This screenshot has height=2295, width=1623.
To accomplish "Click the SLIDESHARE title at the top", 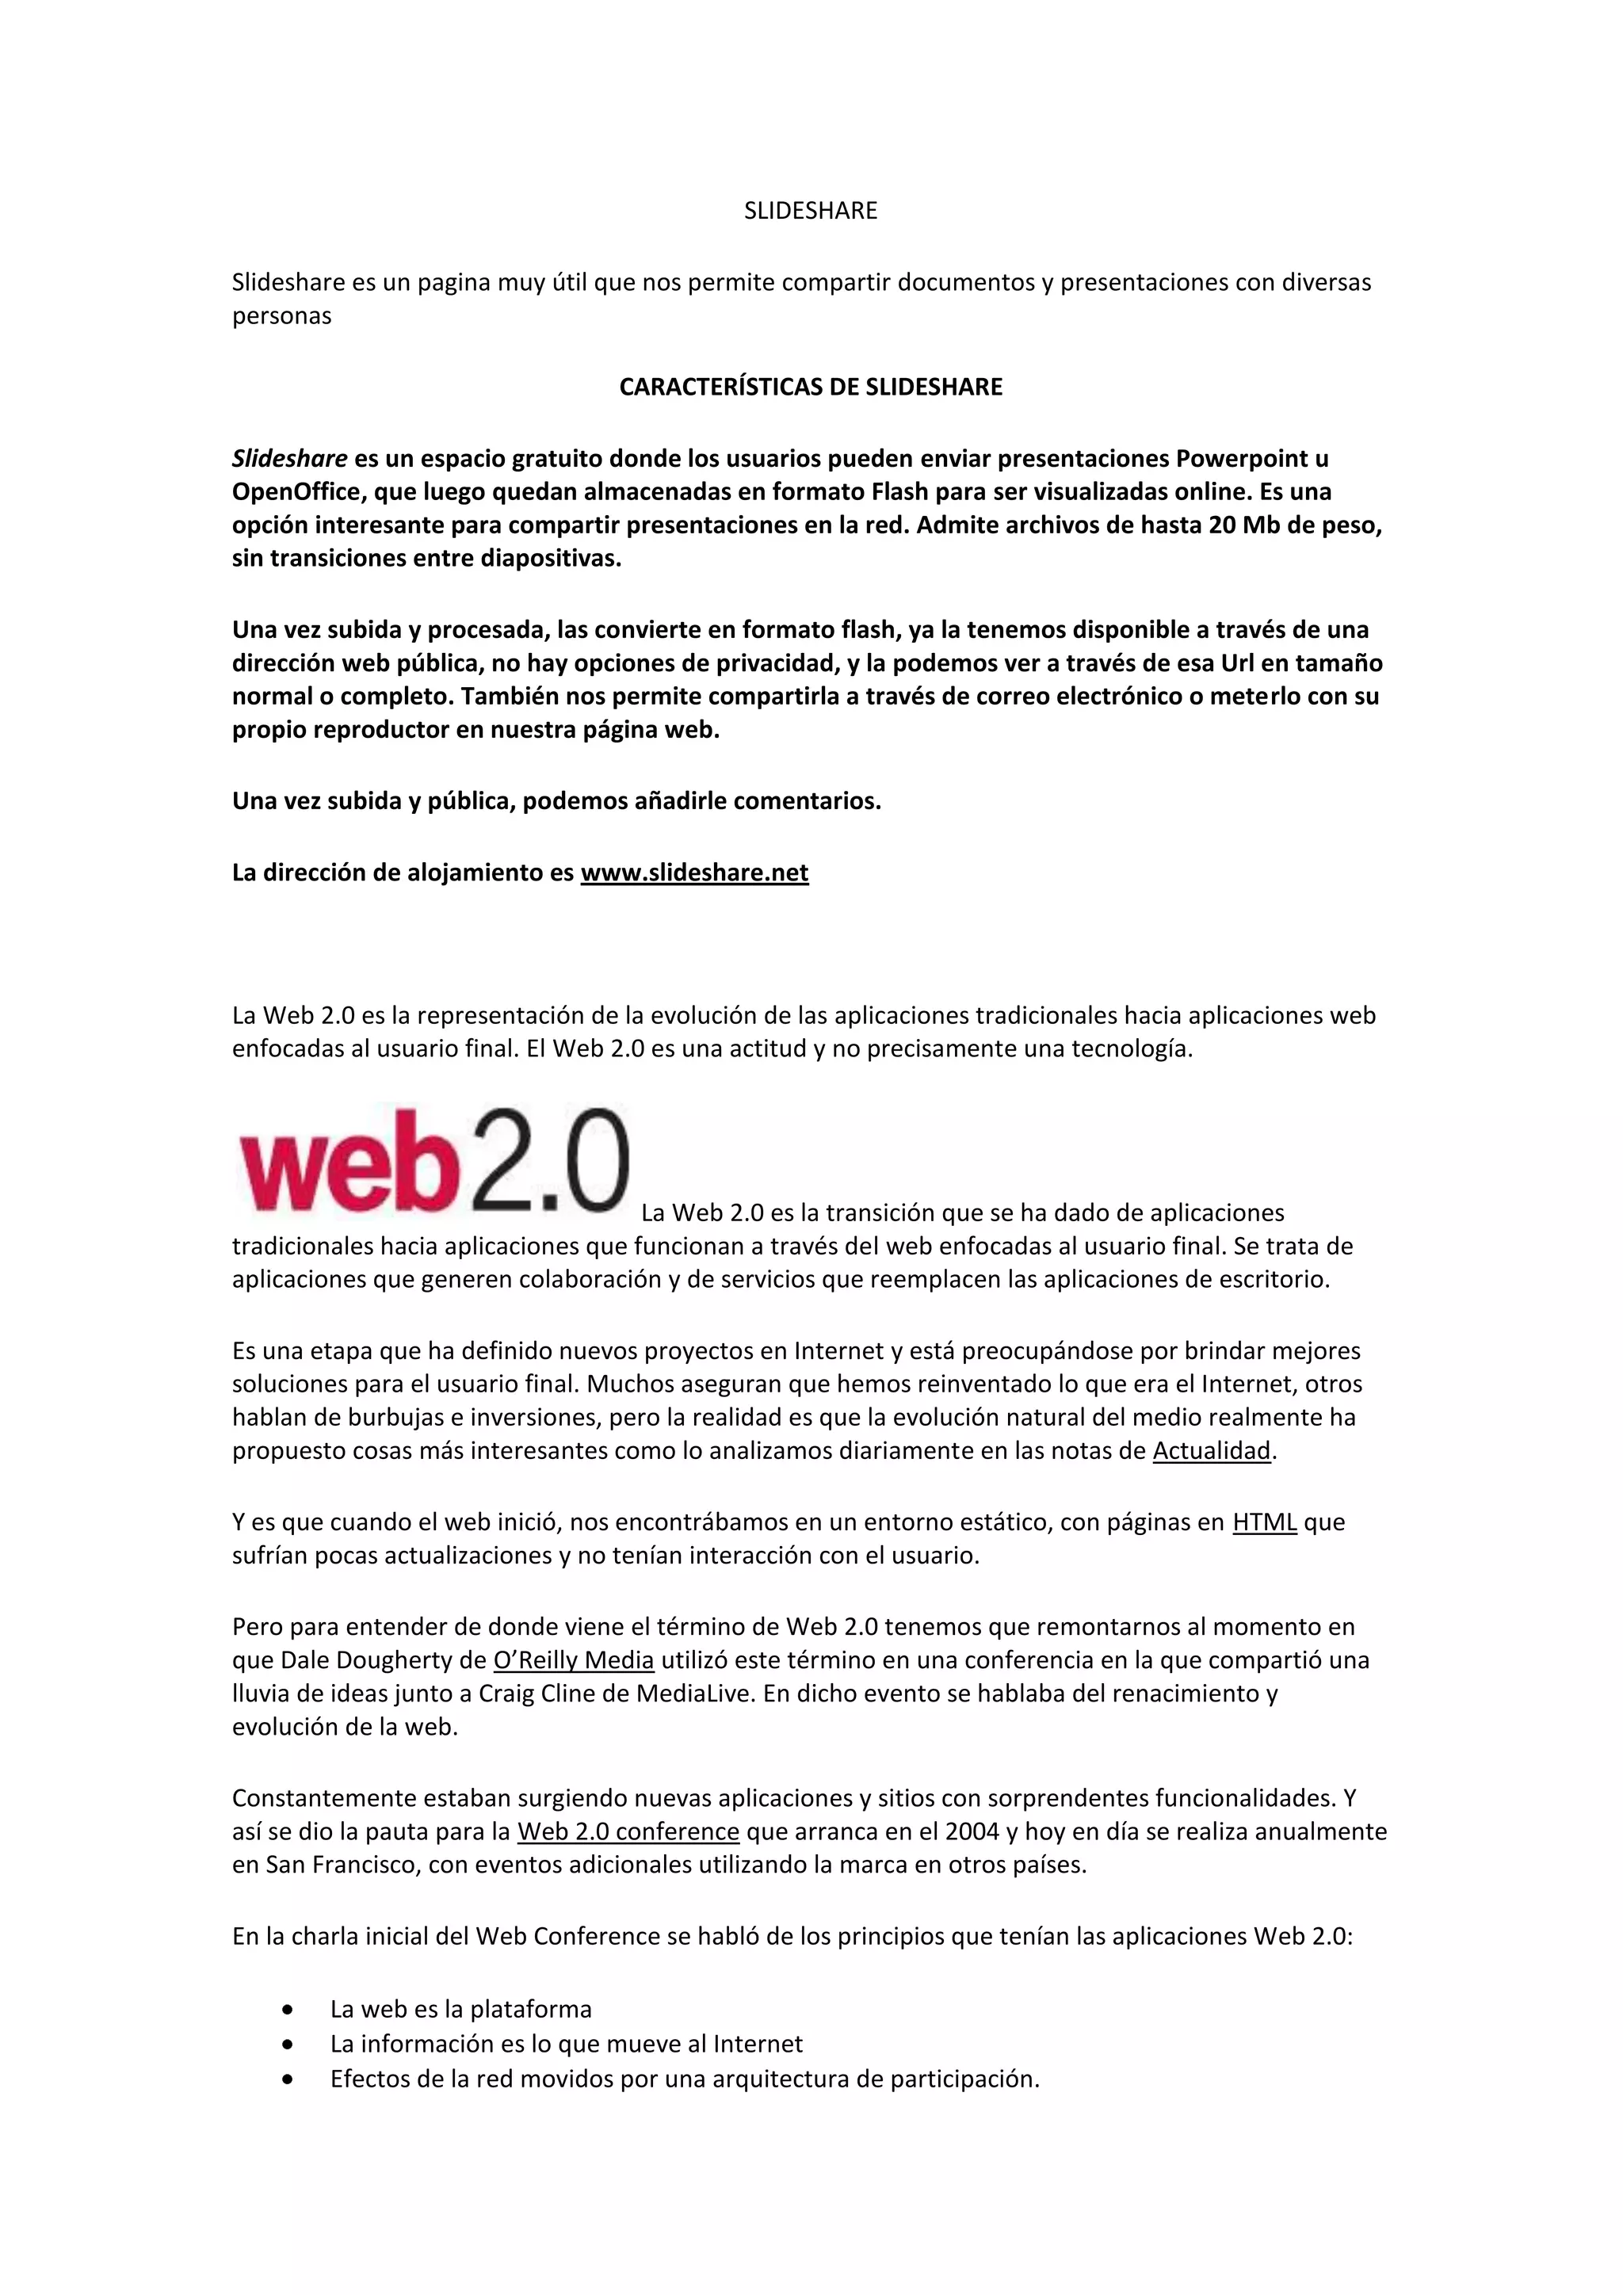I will tap(811, 211).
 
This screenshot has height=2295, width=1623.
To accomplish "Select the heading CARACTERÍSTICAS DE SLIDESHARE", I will tap(811, 388).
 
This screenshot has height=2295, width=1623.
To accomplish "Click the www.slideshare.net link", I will tap(694, 873).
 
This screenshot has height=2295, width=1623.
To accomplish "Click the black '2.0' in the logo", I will tap(540, 1159).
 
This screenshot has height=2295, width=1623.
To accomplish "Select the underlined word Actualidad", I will tap(1211, 1450).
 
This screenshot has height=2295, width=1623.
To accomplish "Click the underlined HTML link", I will tap(1264, 1522).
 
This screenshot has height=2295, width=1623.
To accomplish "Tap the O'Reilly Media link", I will tap(574, 1660).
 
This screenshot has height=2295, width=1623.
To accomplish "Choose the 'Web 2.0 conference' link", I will tap(628, 1832).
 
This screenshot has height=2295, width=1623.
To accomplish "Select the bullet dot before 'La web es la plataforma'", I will tap(288, 2011).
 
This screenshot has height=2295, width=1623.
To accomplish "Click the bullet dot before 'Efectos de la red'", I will tap(288, 2080).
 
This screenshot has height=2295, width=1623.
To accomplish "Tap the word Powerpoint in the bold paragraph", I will tap(1239, 459).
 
